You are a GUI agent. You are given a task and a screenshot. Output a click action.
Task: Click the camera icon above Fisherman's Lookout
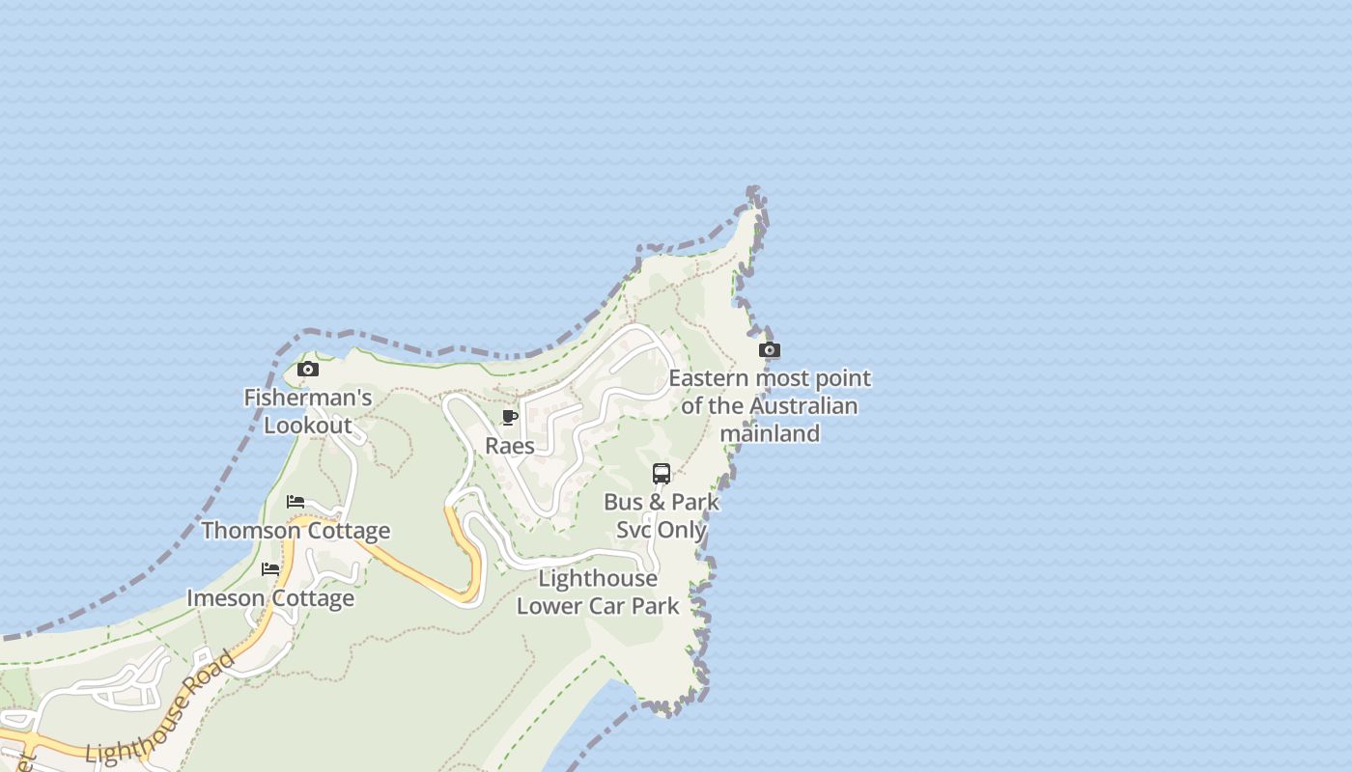click(x=308, y=369)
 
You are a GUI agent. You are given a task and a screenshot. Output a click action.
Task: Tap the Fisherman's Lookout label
click(x=307, y=411)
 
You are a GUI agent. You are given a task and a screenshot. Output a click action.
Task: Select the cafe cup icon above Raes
click(x=510, y=417)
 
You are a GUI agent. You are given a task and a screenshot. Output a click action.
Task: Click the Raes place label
click(x=510, y=446)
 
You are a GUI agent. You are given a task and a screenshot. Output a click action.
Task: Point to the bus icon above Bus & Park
click(x=662, y=473)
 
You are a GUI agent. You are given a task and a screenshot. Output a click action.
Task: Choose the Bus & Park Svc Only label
click(x=662, y=515)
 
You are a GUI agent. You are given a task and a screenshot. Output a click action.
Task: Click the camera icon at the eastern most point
click(x=770, y=349)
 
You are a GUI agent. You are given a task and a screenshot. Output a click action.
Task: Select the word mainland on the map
click(x=770, y=433)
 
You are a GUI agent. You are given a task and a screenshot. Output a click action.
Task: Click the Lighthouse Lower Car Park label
click(x=598, y=592)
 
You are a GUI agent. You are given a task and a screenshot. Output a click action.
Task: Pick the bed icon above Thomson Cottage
click(x=296, y=502)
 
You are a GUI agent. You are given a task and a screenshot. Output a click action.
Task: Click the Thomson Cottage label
click(x=296, y=531)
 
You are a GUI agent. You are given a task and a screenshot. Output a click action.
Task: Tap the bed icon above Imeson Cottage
click(x=270, y=569)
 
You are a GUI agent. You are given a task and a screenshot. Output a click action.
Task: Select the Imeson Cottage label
click(x=270, y=598)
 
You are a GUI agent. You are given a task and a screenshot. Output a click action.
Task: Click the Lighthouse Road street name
click(x=160, y=708)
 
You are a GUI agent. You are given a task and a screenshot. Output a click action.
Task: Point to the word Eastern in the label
click(x=708, y=378)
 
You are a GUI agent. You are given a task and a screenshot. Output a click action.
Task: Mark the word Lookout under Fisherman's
click(x=308, y=426)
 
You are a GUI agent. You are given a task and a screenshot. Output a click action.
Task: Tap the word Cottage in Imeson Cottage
click(x=312, y=598)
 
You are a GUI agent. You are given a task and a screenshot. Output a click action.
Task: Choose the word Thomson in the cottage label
click(x=251, y=531)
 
